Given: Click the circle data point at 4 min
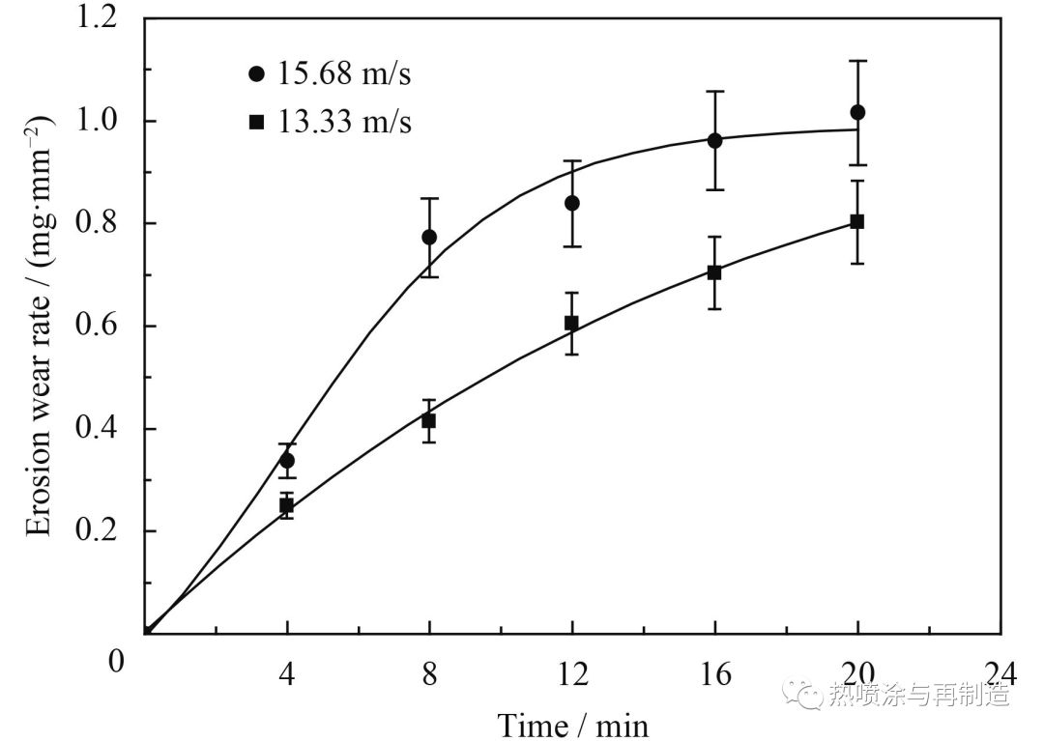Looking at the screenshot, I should coord(287,461).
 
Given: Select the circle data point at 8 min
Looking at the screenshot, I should coord(429,237).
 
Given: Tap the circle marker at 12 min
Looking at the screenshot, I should coord(572,203).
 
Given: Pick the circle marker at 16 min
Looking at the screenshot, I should coord(715,140).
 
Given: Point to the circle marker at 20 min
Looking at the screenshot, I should coord(857,112).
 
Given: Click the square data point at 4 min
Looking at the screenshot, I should coord(287,505).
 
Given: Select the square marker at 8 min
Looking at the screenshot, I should coord(429,420).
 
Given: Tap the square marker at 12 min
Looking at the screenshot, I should coord(572,323).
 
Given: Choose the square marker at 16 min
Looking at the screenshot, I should coord(715,272).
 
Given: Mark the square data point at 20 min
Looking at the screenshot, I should coord(857,221).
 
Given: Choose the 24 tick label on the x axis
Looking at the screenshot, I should coord(1000,671).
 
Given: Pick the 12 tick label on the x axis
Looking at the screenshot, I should coord(572,671).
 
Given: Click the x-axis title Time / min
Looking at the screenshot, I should coord(572,723).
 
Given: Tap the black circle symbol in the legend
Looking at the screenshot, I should coord(256,74).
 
